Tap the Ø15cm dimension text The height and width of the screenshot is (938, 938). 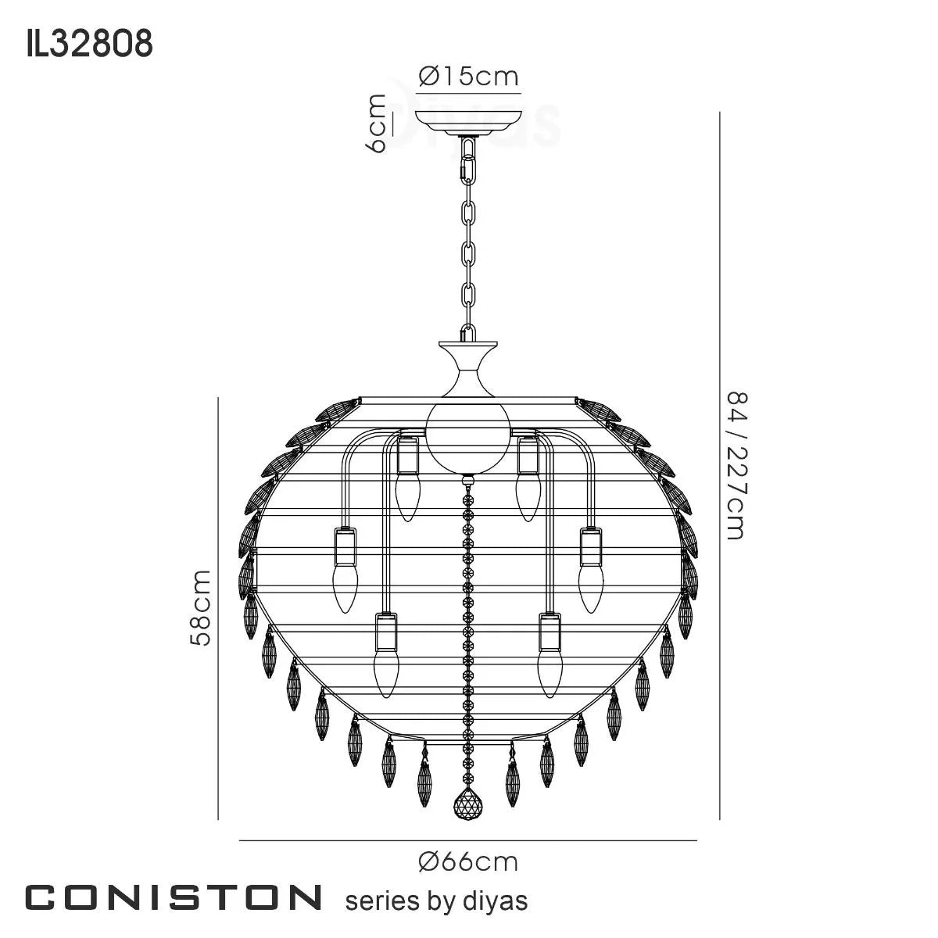pyautogui.click(x=468, y=77)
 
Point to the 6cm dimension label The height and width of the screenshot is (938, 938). pyautogui.click(x=376, y=124)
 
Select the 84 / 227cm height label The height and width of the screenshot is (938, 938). pyautogui.click(x=737, y=466)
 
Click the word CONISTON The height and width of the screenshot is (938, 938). pyautogui.click(x=174, y=898)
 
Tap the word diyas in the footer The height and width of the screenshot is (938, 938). pyautogui.click(x=498, y=900)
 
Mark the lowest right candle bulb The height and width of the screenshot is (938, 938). pyautogui.click(x=550, y=672)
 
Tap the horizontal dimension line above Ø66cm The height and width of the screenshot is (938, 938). pyautogui.click(x=468, y=840)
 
